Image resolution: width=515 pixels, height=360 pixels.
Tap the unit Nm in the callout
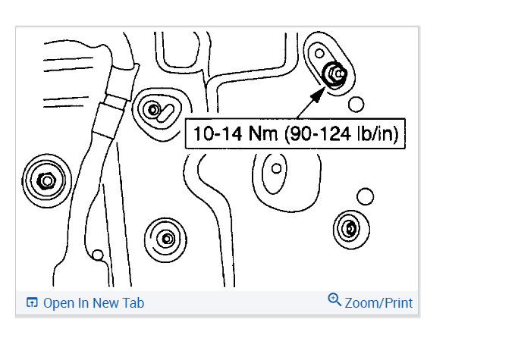[x=262, y=134]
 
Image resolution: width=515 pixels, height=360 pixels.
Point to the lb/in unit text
[x=375, y=134]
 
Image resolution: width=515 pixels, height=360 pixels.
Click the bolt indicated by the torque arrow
[x=334, y=74]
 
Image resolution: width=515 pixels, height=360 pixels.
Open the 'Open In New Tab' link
[x=93, y=303]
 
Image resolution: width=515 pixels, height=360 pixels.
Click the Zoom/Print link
[x=378, y=303]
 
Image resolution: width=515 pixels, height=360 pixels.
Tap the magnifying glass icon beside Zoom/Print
[x=334, y=299]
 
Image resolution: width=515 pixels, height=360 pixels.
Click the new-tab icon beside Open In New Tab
[x=32, y=302]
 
